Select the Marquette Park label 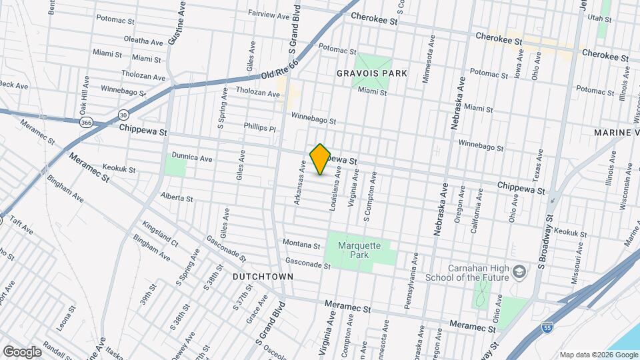click(359, 250)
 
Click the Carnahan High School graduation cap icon click(519, 273)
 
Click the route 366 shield click(86, 123)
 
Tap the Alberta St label click(177, 197)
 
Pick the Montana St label click(297, 242)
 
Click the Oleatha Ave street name click(144, 41)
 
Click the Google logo click(22, 351)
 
